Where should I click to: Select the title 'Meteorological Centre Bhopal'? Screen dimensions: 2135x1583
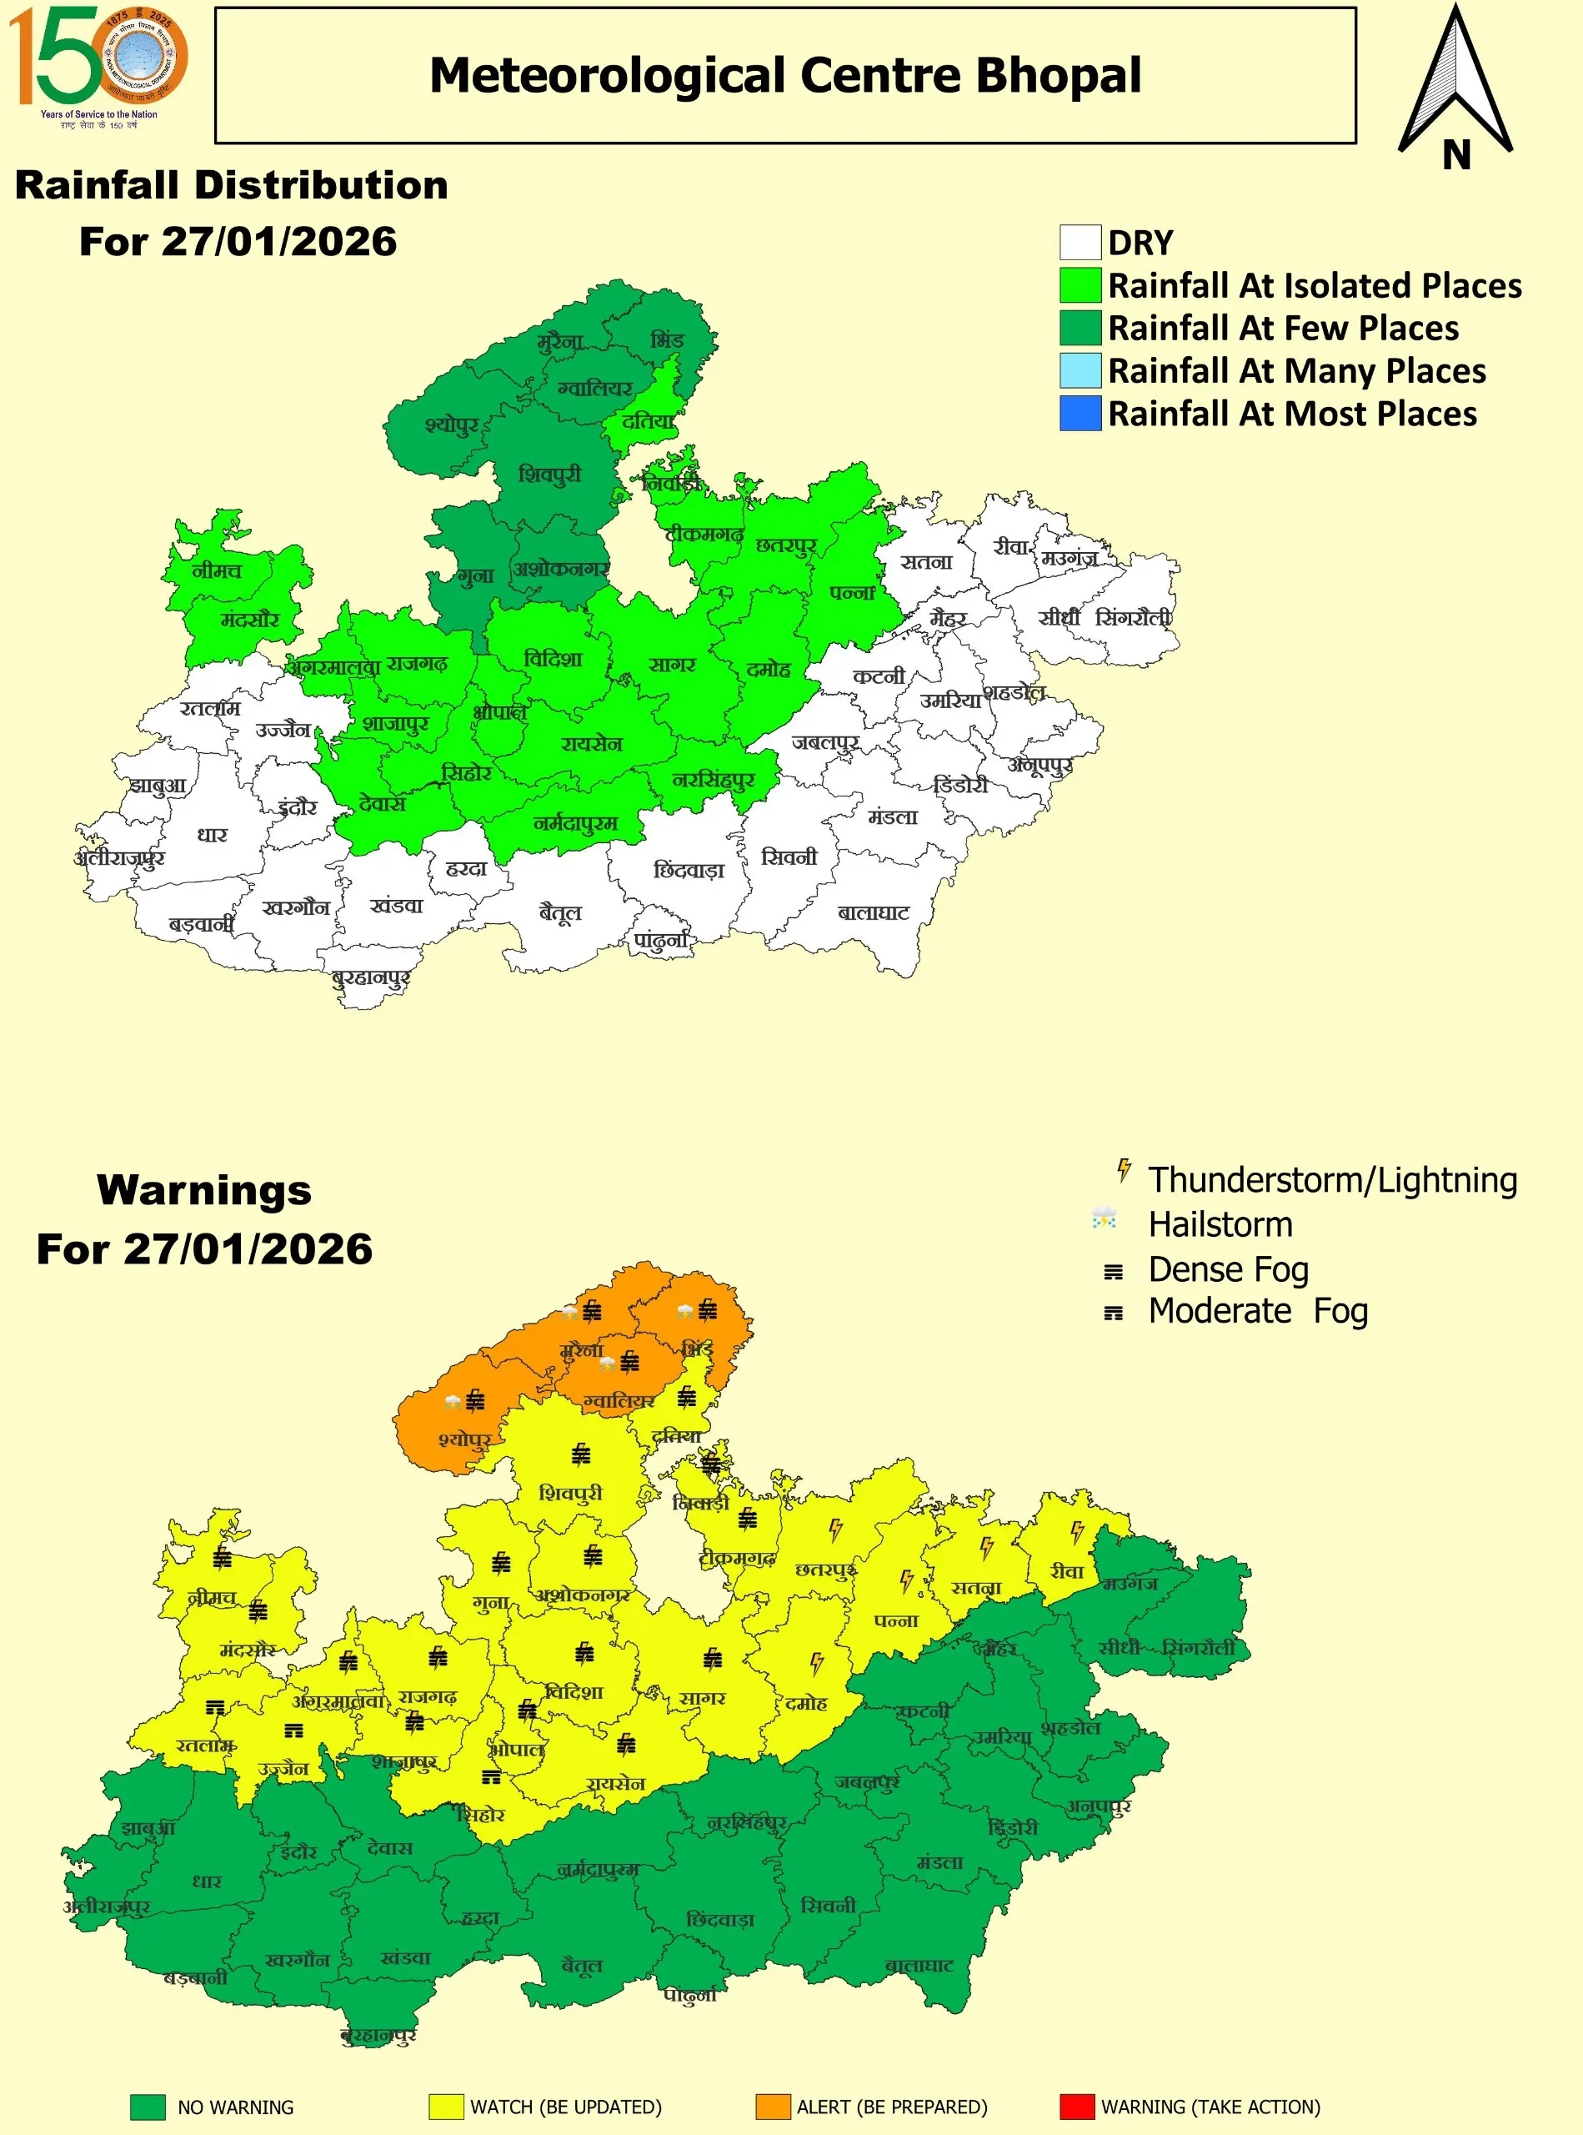pyautogui.click(x=784, y=76)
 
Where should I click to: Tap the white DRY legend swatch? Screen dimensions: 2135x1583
pyautogui.click(x=1080, y=243)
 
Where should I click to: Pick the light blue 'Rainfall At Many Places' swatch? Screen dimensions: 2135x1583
pyautogui.click(x=1080, y=371)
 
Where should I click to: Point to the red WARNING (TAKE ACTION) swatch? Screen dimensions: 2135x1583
pyautogui.click(x=1077, y=2107)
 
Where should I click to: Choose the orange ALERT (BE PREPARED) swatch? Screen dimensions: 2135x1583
pyautogui.click(x=773, y=2107)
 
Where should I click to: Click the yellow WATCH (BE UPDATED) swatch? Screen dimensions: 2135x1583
pyautogui.click(x=446, y=2107)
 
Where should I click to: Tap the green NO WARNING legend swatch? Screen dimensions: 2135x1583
pyautogui.click(x=148, y=2107)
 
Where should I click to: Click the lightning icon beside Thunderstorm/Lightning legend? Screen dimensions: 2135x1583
pyautogui.click(x=1124, y=1171)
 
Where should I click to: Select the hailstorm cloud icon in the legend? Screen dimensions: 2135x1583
pyautogui.click(x=1104, y=1219)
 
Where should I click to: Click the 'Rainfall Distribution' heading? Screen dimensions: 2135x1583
pyautogui.click(x=232, y=185)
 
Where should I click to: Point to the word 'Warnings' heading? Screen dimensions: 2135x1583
pyautogui.click(x=204, y=1190)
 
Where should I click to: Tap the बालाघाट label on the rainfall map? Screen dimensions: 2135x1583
pyautogui.click(x=873, y=912)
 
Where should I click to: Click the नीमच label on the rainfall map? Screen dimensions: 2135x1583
pyautogui.click(x=217, y=570)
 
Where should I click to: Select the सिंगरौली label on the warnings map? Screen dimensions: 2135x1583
pyautogui.click(x=1198, y=1648)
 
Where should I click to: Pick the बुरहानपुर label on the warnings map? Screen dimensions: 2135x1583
pyautogui.click(x=378, y=2035)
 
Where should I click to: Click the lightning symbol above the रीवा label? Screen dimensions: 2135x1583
pyautogui.click(x=1076, y=1532)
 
